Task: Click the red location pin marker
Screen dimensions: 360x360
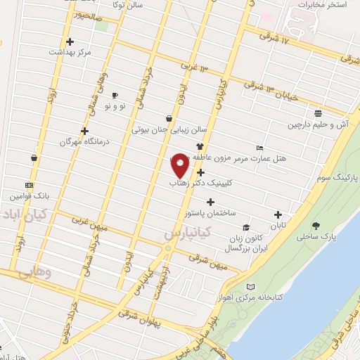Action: point(180,165)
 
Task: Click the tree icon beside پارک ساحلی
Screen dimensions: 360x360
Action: point(316,226)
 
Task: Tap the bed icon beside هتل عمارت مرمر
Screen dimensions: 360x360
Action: point(260,148)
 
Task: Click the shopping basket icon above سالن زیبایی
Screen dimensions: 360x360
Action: point(169,118)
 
